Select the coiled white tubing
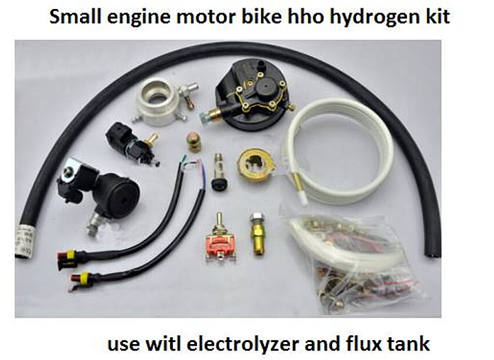click(339, 151)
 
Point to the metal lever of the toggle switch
click(218, 221)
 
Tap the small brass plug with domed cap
click(194, 141)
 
